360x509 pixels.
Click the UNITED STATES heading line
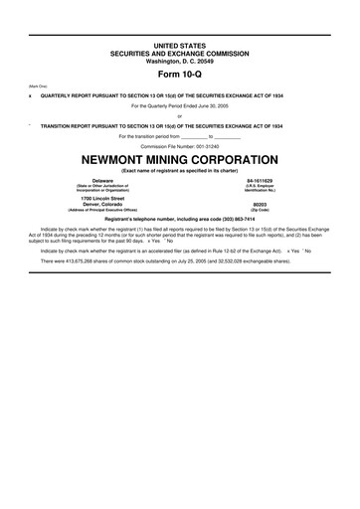[x=180, y=46]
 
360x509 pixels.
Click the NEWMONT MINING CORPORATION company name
[x=180, y=160]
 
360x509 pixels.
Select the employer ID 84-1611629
[x=259, y=181]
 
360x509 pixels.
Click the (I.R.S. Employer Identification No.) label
[x=259, y=189]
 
